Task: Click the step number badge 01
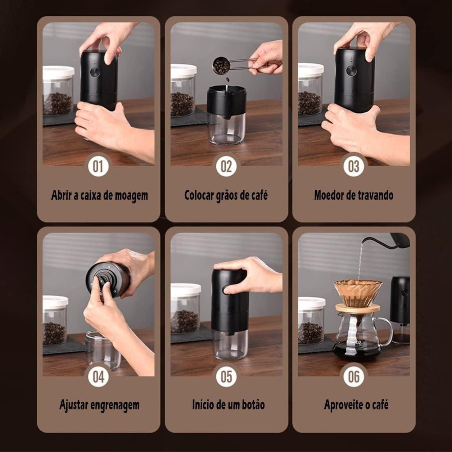98,166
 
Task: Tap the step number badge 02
226,166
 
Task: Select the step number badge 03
354,166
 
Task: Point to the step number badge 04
98,376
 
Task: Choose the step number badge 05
226,376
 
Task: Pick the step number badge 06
354,376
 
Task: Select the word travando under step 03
374,195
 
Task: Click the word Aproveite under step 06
341,405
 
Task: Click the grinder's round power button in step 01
95,72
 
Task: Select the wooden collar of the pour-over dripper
357,308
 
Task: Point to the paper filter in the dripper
358,292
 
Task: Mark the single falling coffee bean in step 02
227,80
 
